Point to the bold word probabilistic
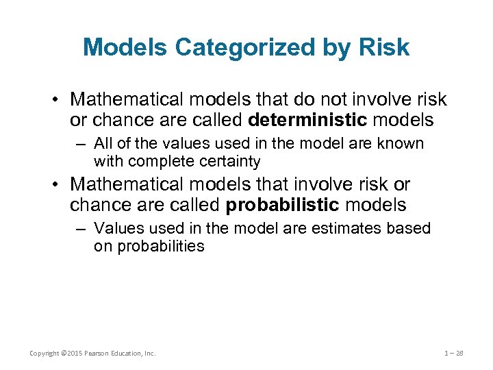coord(282,205)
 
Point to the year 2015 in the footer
coord(70,354)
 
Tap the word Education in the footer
coord(127,354)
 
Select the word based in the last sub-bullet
coord(410,228)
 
